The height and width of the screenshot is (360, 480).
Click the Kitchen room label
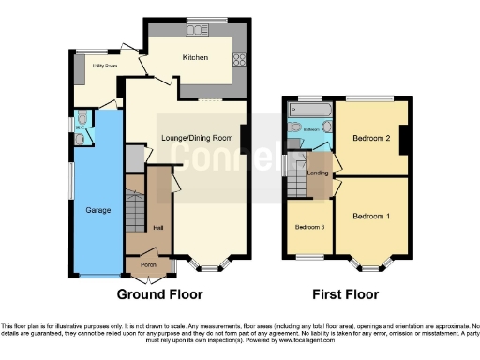coord(194,58)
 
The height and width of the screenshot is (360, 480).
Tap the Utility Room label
coord(104,66)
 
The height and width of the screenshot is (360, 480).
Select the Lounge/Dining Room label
coord(197,139)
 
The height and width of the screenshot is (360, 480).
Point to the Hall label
coord(158,228)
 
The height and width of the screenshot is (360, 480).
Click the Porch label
coord(148,263)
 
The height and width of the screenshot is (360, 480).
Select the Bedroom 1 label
coord(371,217)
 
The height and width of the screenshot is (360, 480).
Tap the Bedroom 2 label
coord(371,139)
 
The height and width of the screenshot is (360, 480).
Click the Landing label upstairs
coord(318,172)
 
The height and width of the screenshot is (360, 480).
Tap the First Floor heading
coord(347,293)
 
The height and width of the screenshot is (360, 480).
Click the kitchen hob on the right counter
coord(238,60)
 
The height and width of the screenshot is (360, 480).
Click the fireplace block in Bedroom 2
coord(405,140)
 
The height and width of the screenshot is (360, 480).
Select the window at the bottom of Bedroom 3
coord(310,257)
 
